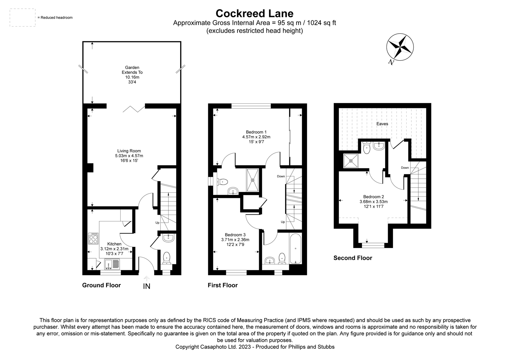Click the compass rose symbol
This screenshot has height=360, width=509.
point(400,47)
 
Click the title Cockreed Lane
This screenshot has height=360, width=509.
point(254,13)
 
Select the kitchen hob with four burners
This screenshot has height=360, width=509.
point(93,238)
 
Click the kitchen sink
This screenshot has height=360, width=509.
point(112,264)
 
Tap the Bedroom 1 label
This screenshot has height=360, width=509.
point(256,132)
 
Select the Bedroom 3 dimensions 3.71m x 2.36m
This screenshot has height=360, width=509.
point(235,240)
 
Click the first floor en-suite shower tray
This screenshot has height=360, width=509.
point(253,180)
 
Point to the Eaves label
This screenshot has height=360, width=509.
point(382,124)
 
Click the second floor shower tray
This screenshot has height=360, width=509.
point(350,161)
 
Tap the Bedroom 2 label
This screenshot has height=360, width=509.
point(373,197)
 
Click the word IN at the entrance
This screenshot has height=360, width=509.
point(147,286)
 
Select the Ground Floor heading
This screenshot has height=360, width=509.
point(102,285)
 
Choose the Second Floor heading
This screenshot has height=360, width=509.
point(353,258)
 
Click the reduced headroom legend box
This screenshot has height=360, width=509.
point(22,18)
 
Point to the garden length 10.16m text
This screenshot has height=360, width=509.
point(132,77)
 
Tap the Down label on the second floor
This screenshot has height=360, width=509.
point(405,168)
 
